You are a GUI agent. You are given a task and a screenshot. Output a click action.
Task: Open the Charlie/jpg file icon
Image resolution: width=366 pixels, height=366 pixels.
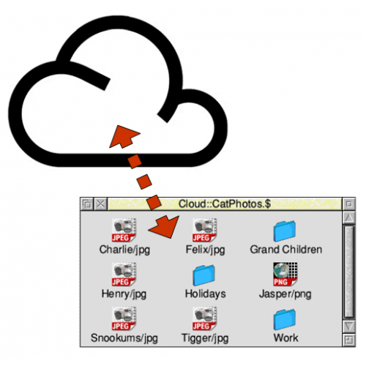click(x=124, y=230)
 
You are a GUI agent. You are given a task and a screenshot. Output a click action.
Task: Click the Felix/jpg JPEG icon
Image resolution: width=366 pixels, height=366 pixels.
click(x=205, y=230)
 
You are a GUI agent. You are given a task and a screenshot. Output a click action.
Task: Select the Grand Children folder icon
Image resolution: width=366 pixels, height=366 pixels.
click(x=285, y=231)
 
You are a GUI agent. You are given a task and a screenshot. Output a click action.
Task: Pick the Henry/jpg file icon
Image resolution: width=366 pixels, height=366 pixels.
click(x=124, y=274)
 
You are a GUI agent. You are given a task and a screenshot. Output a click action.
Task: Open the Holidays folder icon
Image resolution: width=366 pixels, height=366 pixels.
click(x=204, y=275)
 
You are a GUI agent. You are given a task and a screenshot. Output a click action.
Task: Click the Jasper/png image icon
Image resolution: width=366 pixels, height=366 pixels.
click(x=285, y=274)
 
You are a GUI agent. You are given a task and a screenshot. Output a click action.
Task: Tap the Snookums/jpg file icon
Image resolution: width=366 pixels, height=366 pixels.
click(x=124, y=318)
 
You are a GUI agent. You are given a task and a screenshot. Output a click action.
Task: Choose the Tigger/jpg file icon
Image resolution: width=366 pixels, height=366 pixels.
click(x=205, y=318)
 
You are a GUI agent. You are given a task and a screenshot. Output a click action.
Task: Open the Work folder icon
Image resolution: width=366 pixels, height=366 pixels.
click(x=285, y=319)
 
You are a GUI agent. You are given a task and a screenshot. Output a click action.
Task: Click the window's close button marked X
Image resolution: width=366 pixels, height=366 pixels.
click(x=100, y=203)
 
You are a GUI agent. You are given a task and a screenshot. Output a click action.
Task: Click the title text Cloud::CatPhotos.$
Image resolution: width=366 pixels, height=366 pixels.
click(x=225, y=203)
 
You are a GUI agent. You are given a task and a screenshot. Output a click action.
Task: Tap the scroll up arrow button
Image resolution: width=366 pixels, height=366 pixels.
click(x=349, y=217)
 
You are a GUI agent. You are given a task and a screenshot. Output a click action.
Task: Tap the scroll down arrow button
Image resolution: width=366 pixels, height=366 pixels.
click(x=349, y=326)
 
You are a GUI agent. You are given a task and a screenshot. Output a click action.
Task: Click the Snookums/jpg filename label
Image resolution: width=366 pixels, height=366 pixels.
click(x=124, y=338)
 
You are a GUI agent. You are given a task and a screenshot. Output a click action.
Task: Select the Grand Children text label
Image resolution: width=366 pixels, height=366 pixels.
click(x=286, y=250)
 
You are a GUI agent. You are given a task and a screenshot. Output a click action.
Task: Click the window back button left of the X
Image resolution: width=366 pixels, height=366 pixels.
click(x=87, y=203)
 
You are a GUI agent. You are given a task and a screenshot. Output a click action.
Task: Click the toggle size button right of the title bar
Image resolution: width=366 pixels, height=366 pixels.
click(x=349, y=203)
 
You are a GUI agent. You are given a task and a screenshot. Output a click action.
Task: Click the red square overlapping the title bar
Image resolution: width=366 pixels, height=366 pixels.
click(x=154, y=202)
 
